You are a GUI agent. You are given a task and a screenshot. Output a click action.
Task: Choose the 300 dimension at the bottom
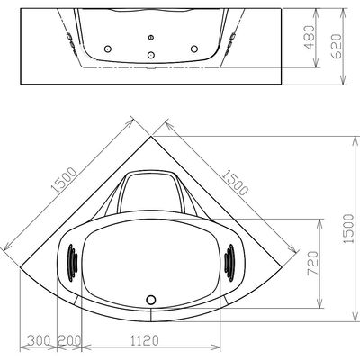pyautogui.click(x=39, y=340)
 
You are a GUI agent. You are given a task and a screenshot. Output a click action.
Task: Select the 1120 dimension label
pyautogui.click(x=143, y=340)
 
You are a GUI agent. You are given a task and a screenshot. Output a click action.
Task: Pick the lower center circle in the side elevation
pyautogui.click(x=150, y=53)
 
